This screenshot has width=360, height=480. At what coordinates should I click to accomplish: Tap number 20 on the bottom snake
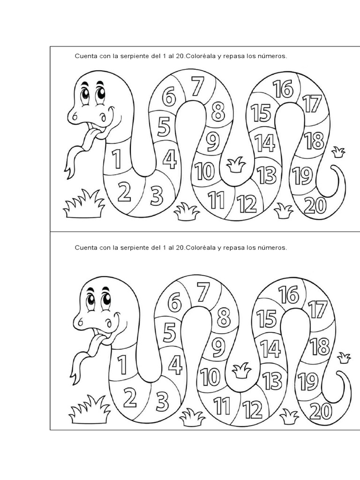(321, 411)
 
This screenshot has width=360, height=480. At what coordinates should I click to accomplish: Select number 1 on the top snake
(116, 158)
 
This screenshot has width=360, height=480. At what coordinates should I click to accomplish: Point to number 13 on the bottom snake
(272, 380)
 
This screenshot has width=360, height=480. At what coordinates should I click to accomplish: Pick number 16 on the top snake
(283, 88)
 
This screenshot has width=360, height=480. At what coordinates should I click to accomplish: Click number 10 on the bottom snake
(210, 376)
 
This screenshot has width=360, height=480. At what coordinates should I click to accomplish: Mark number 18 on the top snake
(314, 141)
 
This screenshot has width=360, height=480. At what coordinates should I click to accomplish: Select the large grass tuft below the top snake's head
(84, 204)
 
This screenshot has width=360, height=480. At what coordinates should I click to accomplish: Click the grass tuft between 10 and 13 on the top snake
(236, 165)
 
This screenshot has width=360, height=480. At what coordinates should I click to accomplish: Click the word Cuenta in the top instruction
(85, 56)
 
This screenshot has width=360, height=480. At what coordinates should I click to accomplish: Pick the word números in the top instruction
(272, 56)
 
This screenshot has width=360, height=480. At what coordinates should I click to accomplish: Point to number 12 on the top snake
(247, 203)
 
